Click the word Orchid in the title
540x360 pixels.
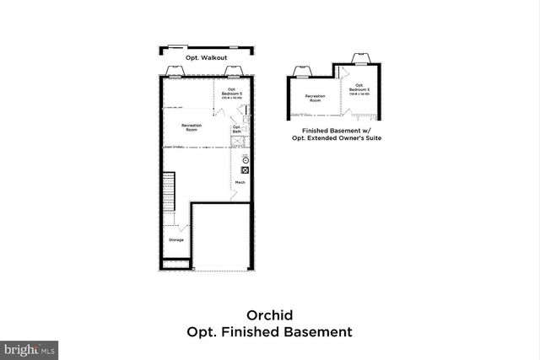coord(269,315)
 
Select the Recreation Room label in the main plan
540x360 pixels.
coord(192,127)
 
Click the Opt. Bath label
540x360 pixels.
coord(237,130)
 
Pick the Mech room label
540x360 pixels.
coord(240,183)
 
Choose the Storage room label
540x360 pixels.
coord(175,240)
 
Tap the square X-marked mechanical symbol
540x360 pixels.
coord(246,169)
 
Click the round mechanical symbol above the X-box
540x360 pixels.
coord(246,160)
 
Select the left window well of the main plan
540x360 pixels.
coord(178,70)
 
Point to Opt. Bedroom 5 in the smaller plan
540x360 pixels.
coord(360,88)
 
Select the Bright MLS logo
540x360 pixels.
coord(30,347)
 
